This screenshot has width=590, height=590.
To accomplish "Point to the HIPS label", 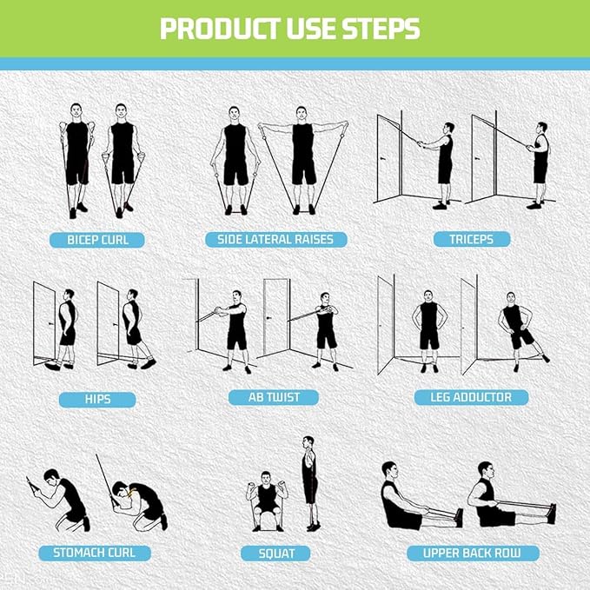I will [97, 400].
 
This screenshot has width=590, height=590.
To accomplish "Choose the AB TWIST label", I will [276, 397].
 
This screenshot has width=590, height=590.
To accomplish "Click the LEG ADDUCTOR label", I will [471, 397].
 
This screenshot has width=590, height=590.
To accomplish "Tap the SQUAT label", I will [276, 553].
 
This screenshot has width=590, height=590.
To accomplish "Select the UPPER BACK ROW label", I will [474, 553].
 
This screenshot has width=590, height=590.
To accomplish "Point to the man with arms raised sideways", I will [302, 156].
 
